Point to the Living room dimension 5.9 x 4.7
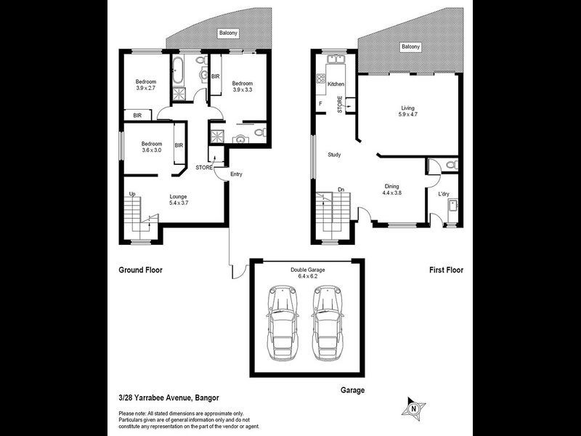(407, 115)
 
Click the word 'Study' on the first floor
(334, 155)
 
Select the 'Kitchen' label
(336, 85)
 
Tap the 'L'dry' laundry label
(444, 193)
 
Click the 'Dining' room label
(392, 186)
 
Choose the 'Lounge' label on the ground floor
(179, 196)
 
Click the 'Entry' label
(236, 174)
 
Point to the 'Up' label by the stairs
(132, 194)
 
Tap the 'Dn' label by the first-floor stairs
(340, 191)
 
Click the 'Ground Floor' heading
(140, 270)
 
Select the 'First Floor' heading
(445, 270)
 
